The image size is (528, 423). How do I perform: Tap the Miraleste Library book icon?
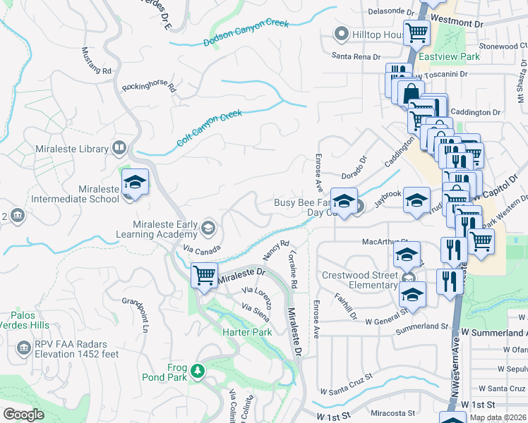(x=120, y=148)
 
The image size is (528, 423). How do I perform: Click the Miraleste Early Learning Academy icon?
(x=208, y=226)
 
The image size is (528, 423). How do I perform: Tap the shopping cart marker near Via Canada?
(x=204, y=274)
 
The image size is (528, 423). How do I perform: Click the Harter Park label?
(x=247, y=331)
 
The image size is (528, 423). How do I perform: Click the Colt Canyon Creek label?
(x=209, y=128)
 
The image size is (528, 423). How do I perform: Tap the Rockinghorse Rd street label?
(x=148, y=86)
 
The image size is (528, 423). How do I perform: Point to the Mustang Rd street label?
(x=97, y=61)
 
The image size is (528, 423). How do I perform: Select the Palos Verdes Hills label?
(x=30, y=320)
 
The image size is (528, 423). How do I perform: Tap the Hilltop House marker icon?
(x=342, y=34)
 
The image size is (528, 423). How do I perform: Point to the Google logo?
(x=23, y=415)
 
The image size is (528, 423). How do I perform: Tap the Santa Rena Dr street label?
(x=356, y=56)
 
